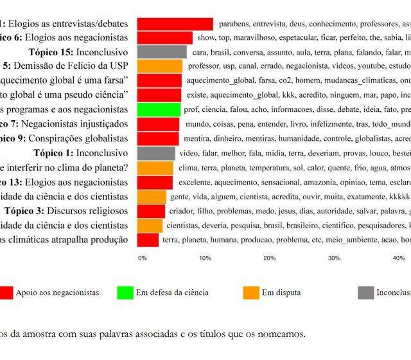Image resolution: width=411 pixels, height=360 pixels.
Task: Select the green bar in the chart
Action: click(x=159, y=109)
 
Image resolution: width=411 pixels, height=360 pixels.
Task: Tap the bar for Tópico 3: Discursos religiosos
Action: click(x=152, y=211)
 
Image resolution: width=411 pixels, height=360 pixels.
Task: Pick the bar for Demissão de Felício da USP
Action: click(x=160, y=66)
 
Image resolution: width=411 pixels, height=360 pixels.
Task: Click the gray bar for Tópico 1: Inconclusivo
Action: click(x=156, y=153)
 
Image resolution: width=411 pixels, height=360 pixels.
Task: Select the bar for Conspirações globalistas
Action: click(x=158, y=138)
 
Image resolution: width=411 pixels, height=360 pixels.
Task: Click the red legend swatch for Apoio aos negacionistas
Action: click(x=5, y=292)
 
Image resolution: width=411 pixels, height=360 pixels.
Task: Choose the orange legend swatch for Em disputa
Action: click(x=252, y=292)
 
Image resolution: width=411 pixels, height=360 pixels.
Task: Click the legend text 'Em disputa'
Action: click(x=281, y=292)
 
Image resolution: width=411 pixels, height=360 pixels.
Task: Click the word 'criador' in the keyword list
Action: click(x=181, y=211)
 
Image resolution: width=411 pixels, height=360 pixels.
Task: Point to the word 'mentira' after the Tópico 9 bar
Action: click(x=195, y=138)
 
